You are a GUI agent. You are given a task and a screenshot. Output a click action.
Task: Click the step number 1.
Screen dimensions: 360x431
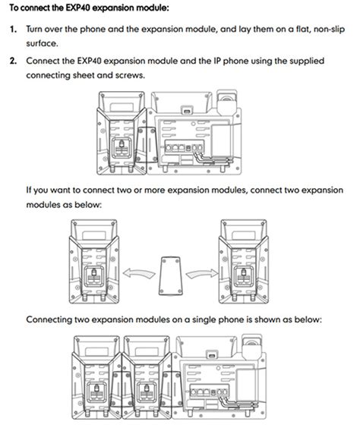pos(13,29)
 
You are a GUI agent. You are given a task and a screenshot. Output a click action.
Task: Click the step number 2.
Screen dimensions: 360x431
pos(13,61)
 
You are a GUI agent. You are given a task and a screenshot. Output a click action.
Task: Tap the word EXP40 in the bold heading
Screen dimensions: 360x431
pos(77,8)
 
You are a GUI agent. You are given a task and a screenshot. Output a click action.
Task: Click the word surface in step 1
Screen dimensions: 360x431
pos(41,43)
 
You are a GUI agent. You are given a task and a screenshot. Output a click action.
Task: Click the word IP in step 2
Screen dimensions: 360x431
pos(217,61)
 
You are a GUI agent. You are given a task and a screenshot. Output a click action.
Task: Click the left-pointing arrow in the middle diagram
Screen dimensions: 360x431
pos(139,274)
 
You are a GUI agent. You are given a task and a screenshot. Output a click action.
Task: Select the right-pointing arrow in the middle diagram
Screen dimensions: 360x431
pos(202,274)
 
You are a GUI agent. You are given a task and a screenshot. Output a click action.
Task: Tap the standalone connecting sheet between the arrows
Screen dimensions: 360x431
pos(171,276)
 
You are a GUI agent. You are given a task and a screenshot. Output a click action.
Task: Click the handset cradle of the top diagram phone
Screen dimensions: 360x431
pos(226,102)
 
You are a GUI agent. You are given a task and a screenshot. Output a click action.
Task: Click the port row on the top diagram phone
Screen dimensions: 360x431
pos(185,148)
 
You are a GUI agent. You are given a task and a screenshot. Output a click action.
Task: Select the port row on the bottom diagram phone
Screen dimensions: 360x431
pos(210,392)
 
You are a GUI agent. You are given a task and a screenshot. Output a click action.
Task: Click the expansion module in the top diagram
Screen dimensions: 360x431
pos(122,133)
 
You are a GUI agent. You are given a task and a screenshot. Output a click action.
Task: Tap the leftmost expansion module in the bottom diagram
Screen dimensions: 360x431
pos(96,378)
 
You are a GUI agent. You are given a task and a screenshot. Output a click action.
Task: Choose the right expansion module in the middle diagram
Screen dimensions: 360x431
pos(244,261)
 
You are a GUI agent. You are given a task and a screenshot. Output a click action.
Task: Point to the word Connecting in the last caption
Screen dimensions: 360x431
pos(49,320)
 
